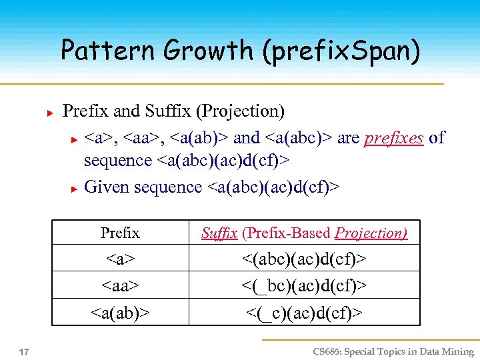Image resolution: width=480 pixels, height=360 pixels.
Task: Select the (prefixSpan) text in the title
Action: pos(341,51)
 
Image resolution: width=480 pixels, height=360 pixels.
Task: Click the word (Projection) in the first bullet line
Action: pos(245,111)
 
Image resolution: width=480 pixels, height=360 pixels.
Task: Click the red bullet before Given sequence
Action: pos(75,189)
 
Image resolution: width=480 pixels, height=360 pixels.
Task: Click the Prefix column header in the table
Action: pos(120,233)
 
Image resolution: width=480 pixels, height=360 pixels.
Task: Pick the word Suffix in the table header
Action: pos(219,233)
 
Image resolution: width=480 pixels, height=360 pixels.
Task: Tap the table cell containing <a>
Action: pos(120,258)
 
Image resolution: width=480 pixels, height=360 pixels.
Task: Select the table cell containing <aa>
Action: pos(120,285)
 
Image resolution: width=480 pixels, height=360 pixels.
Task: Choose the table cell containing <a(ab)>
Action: pos(120,312)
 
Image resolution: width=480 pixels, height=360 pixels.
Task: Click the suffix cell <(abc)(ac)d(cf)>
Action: pos(305,258)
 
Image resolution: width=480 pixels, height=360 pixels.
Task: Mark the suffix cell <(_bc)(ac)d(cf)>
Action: pos(305,285)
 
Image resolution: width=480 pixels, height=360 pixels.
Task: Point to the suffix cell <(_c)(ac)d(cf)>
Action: pos(305,312)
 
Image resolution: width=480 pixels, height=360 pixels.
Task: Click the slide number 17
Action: pos(23,351)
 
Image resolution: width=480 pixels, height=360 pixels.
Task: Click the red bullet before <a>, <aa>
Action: pos(75,139)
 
